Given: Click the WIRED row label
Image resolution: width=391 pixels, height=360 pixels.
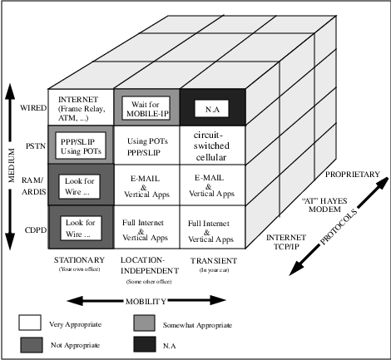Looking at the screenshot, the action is [33, 108].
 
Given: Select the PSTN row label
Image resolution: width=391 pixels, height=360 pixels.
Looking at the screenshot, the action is [36, 146].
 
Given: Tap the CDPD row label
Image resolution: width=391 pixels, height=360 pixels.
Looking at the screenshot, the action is [36, 230].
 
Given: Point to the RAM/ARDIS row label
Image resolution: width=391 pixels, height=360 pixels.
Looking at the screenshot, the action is [34, 186].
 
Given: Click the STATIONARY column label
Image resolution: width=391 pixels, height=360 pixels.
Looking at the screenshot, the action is [79, 260].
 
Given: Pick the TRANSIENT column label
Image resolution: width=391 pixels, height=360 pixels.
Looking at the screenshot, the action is [214, 261].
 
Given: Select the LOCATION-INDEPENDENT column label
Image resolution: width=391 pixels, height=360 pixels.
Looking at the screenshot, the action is [150, 265].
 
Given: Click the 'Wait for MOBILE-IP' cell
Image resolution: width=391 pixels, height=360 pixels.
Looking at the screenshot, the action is [147, 107].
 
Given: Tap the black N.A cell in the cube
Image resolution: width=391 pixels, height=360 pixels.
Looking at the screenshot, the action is [213, 107].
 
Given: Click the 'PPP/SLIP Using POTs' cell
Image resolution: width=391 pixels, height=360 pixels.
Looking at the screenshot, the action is [81, 145].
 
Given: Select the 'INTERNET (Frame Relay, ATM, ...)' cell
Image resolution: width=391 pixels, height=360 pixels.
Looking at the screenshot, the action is [81, 107].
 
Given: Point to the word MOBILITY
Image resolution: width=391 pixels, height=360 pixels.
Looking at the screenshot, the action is [146, 301].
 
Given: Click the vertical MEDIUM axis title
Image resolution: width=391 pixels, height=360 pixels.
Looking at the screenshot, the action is [12, 165].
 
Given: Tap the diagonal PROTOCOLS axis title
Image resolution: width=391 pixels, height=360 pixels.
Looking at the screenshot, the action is [339, 227].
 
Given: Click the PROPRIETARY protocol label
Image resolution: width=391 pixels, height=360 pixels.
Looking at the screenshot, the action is [353, 175].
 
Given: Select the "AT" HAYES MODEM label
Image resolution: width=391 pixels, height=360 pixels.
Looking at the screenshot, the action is [324, 205].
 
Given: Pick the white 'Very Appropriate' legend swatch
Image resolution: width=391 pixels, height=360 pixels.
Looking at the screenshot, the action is [30, 323].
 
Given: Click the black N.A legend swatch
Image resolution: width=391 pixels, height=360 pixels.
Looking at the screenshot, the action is [145, 344].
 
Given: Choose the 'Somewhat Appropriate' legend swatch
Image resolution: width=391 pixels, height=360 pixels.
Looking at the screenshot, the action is [144, 323].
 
